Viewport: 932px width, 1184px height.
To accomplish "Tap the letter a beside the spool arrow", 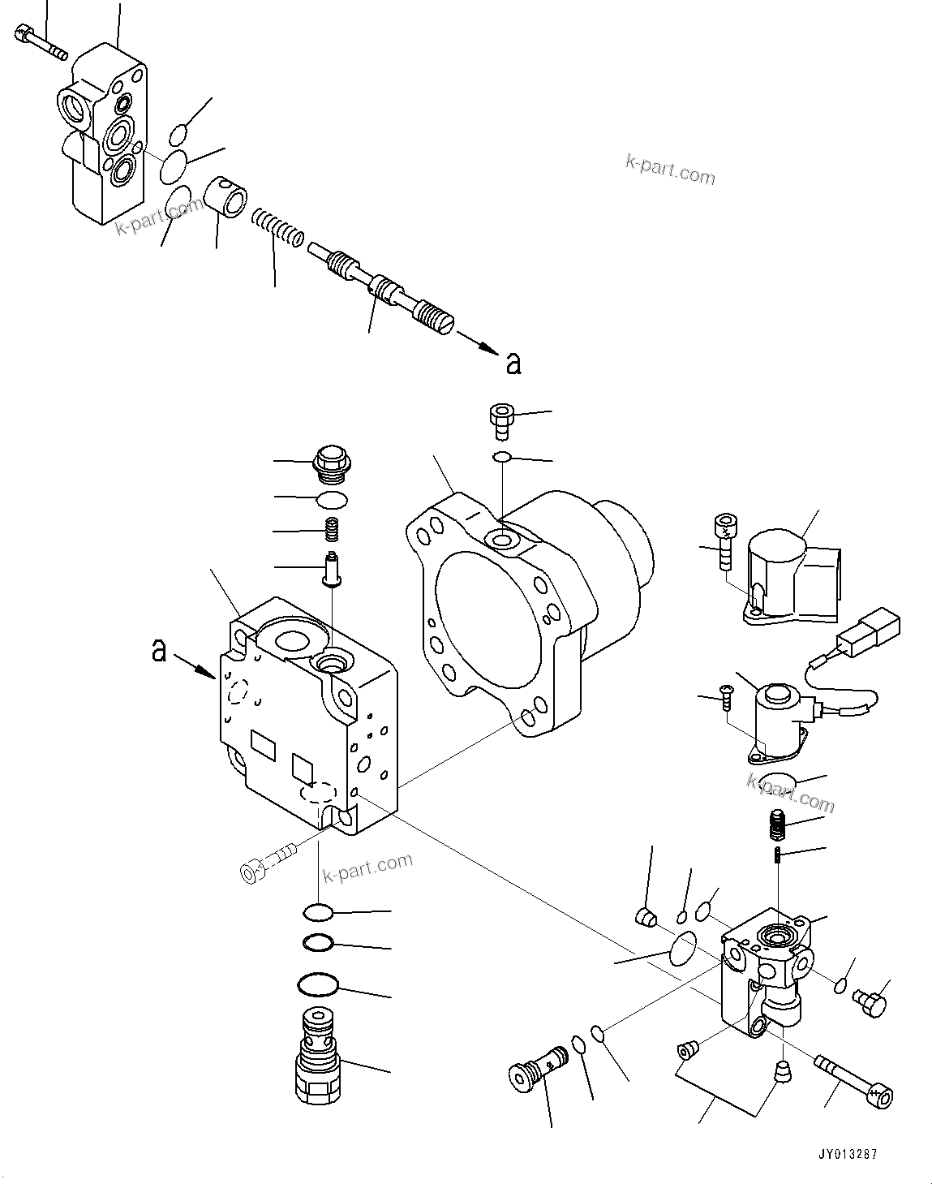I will pyautogui.click(x=513, y=364).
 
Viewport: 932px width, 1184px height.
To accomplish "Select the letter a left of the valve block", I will pyautogui.click(x=160, y=650).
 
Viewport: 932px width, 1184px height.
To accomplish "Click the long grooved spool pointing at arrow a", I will pyautogui.click(x=382, y=285).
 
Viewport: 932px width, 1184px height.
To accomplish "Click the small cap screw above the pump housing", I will pyautogui.click(x=499, y=420).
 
